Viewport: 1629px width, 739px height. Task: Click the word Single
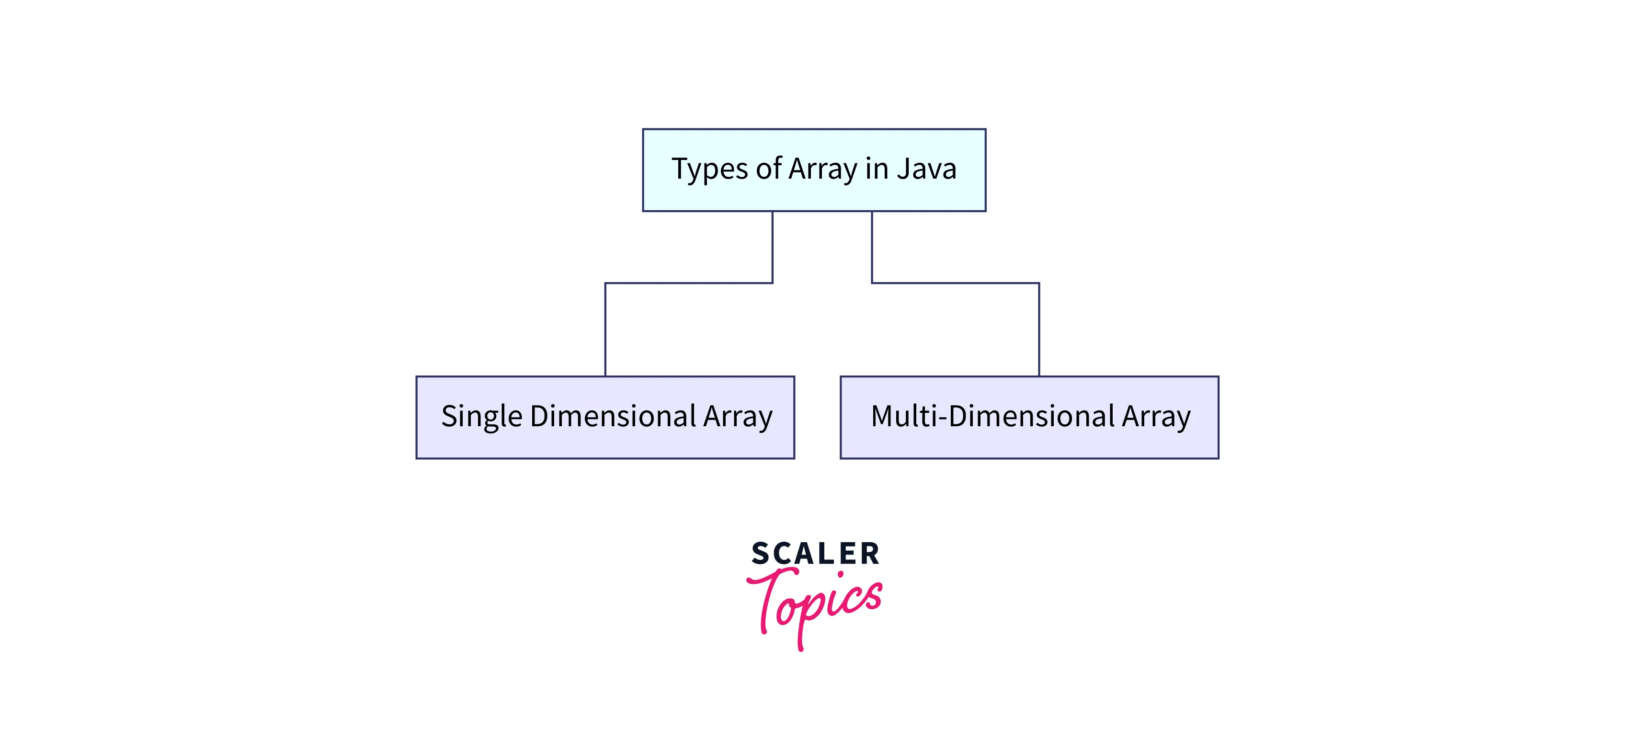click(x=481, y=417)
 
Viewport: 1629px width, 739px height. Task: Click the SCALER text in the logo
click(x=815, y=554)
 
